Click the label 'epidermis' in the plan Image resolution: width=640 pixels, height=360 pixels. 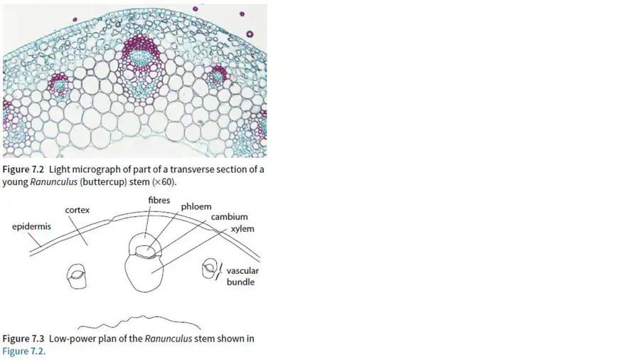(31, 226)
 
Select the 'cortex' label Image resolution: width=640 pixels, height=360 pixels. (77, 210)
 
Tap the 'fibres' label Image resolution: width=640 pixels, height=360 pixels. (159, 201)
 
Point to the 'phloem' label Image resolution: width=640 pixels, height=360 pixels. (196, 207)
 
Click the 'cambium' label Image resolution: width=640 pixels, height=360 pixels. (230, 217)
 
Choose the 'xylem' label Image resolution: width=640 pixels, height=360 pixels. (242, 229)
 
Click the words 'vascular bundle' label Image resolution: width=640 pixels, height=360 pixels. (242, 276)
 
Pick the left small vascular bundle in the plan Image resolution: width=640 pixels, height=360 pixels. (68, 276)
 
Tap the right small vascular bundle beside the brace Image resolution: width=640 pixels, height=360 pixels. (203, 270)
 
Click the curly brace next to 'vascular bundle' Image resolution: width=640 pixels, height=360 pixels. (221, 270)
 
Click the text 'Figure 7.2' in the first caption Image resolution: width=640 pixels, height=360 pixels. (23, 169)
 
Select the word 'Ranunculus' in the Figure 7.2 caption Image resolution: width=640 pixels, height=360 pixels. (53, 182)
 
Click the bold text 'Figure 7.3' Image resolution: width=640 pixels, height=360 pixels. (23, 339)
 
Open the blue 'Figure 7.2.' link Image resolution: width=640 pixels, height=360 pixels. (24, 351)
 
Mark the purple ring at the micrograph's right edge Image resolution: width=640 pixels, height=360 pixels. (250, 34)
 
